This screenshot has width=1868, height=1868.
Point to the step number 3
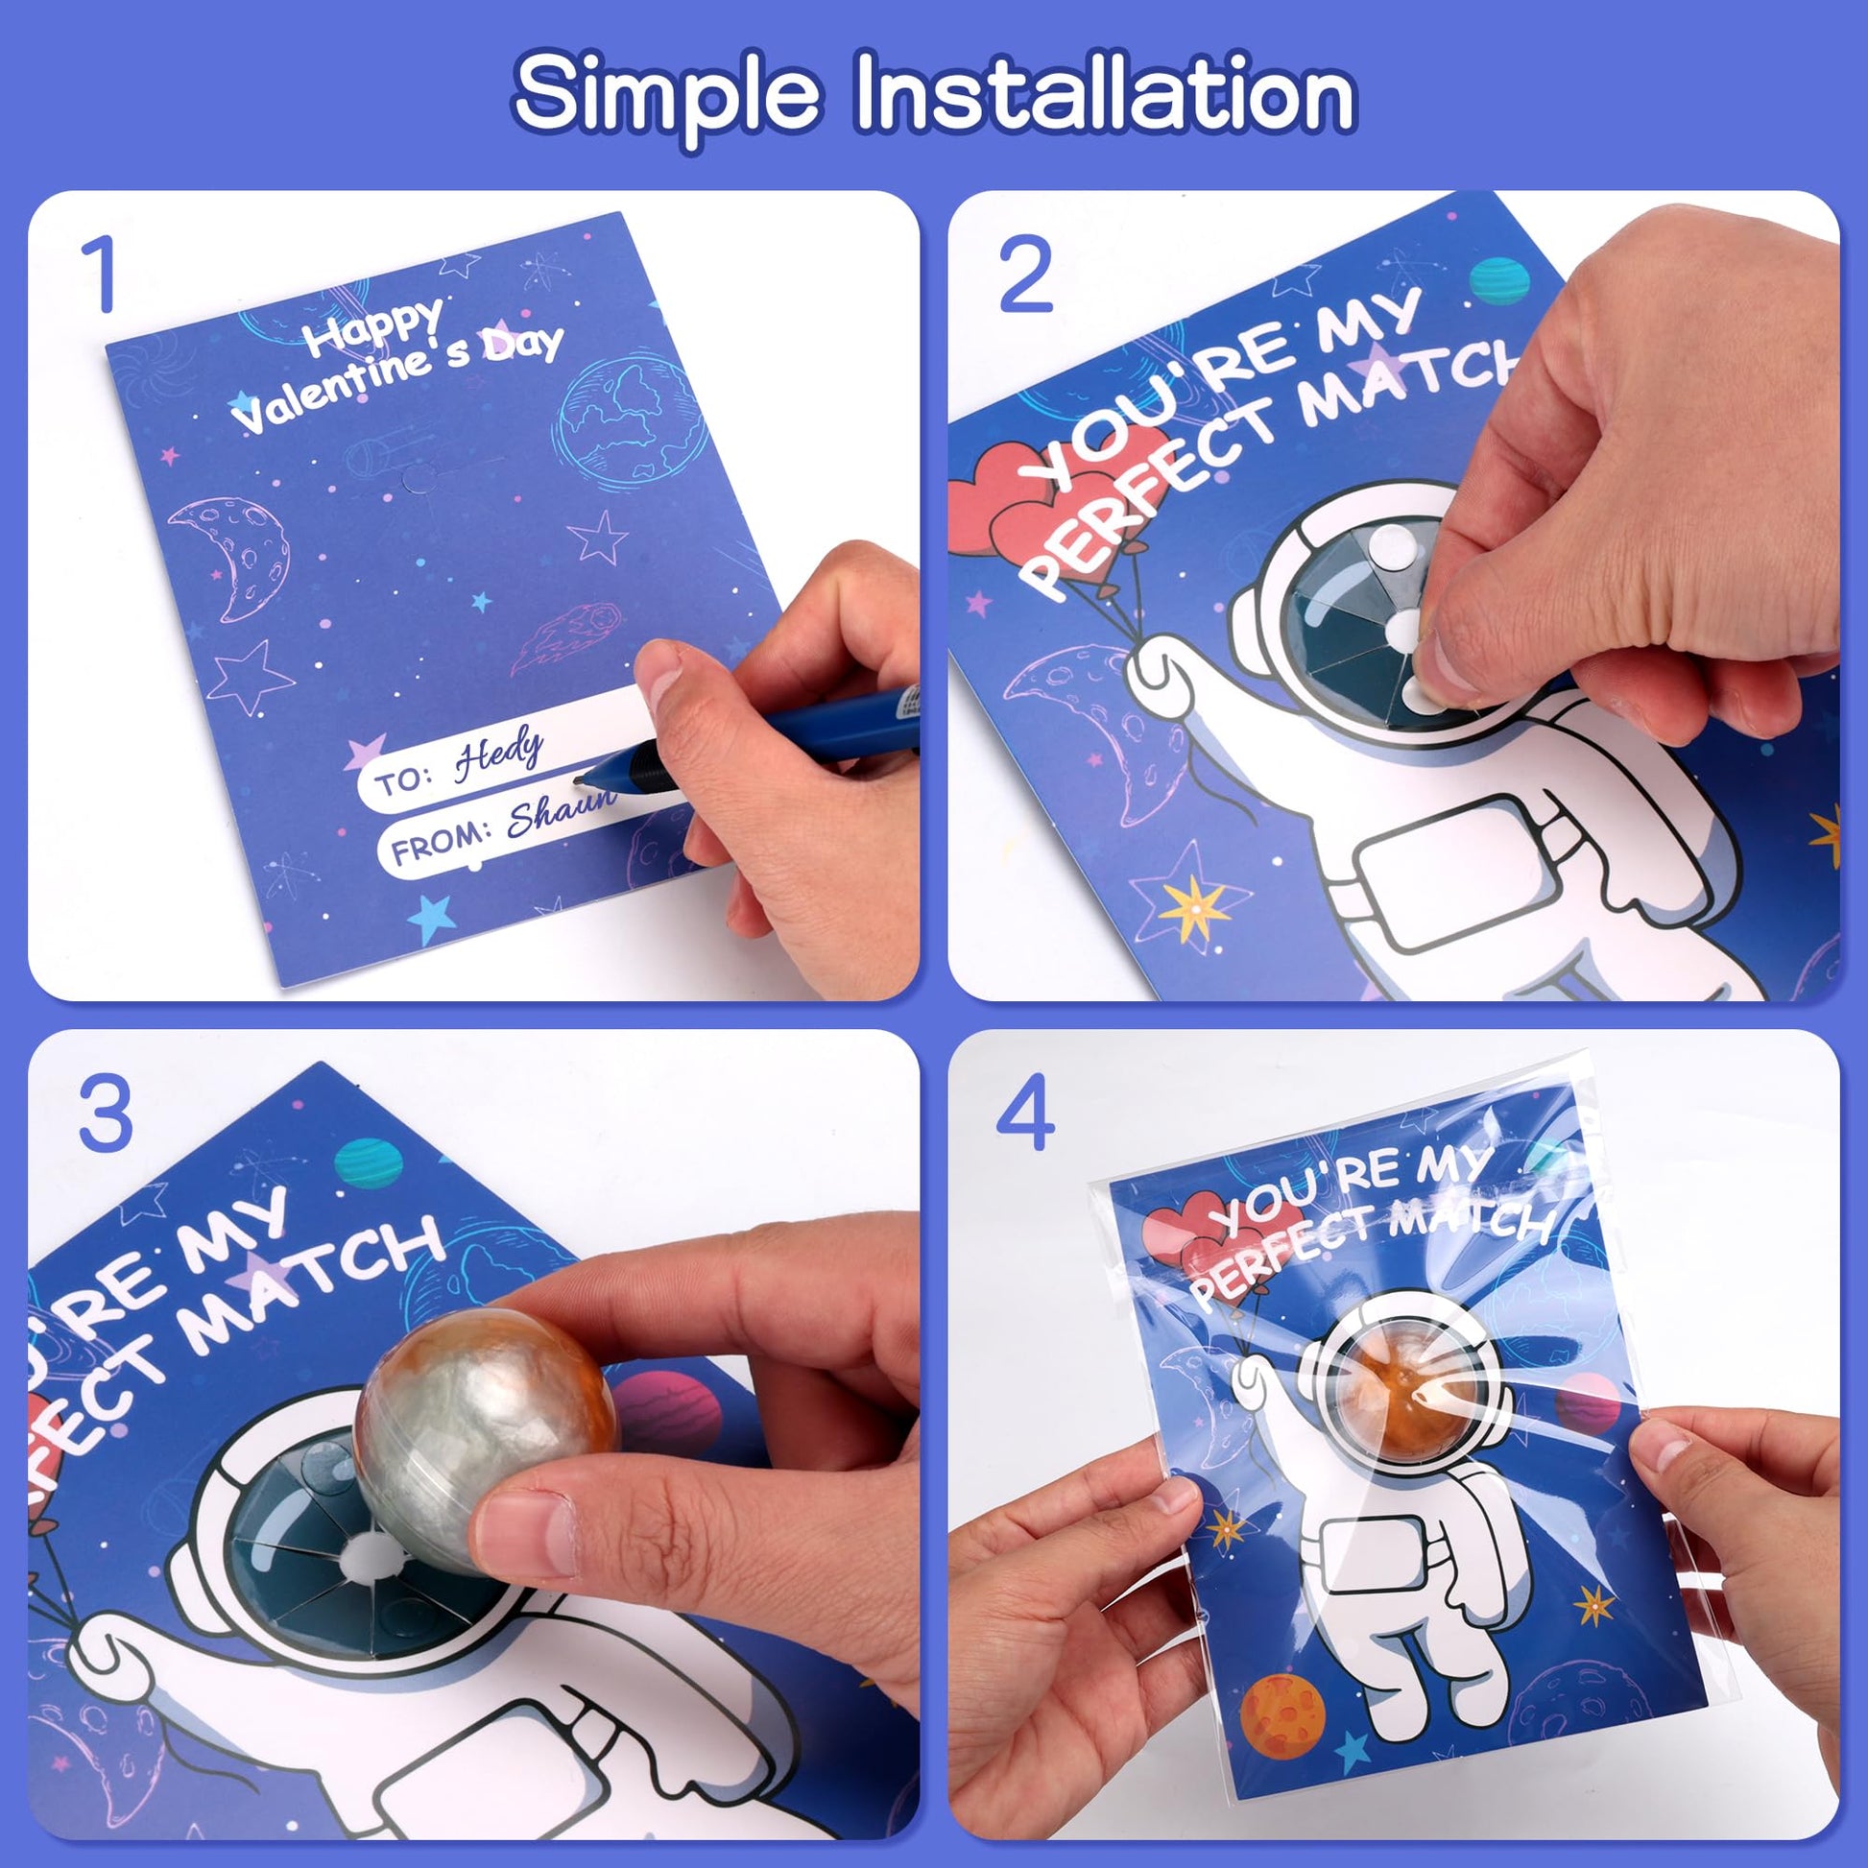click(106, 1113)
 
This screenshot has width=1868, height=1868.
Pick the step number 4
click(1026, 1113)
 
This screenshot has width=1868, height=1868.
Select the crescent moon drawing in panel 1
click(237, 555)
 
